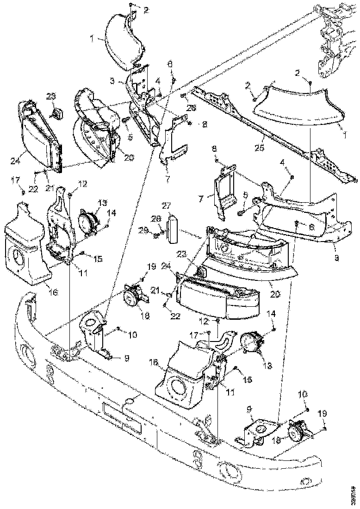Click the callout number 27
167,205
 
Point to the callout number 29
144,230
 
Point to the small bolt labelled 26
183,96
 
